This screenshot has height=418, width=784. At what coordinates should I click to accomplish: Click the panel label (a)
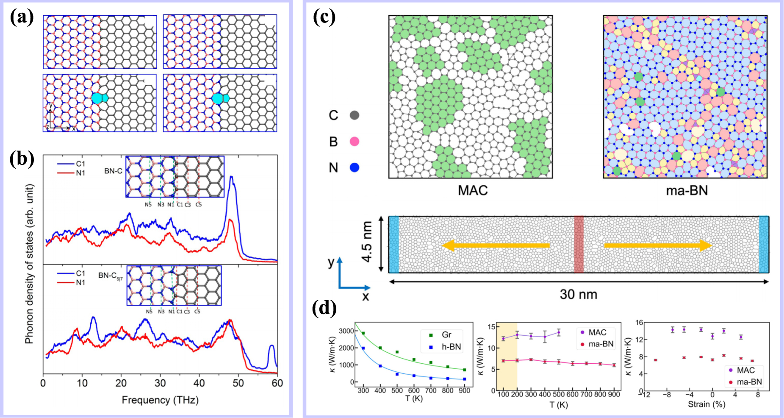(22, 18)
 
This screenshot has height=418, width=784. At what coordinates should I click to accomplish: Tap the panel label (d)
(324, 308)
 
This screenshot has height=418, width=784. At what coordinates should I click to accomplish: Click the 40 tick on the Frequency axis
(199, 384)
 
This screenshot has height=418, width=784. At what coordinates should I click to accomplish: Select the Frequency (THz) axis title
(160, 400)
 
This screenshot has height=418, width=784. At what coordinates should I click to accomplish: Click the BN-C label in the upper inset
(113, 171)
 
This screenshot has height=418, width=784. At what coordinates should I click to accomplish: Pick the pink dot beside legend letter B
(355, 142)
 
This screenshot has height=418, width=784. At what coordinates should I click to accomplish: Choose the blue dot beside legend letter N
(355, 168)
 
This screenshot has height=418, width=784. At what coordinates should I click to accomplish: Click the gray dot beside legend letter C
(355, 115)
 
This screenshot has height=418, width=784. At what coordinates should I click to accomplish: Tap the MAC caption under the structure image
(473, 190)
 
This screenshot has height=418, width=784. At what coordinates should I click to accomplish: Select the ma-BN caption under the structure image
(687, 190)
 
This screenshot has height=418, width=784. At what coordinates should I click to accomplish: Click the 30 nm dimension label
(578, 294)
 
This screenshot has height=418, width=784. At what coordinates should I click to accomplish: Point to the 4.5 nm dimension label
(367, 242)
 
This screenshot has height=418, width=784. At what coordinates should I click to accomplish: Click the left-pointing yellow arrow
(496, 245)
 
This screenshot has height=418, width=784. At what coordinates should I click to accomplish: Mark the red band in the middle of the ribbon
(579, 245)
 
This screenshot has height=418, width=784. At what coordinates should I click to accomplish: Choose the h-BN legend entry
(451, 347)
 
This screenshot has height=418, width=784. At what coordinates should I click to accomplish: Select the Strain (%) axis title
(706, 404)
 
